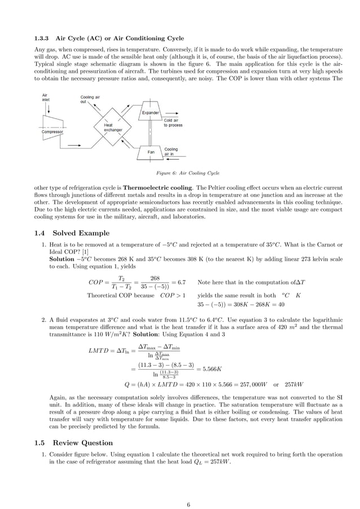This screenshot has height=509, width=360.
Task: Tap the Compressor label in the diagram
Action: (52, 132)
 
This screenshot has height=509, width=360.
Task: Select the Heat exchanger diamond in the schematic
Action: (112, 127)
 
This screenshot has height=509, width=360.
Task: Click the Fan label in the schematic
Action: (151, 152)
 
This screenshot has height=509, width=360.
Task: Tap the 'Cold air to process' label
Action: (173, 122)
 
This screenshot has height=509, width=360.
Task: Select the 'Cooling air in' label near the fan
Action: (170, 151)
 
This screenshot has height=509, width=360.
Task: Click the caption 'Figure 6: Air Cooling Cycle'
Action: (180, 173)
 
